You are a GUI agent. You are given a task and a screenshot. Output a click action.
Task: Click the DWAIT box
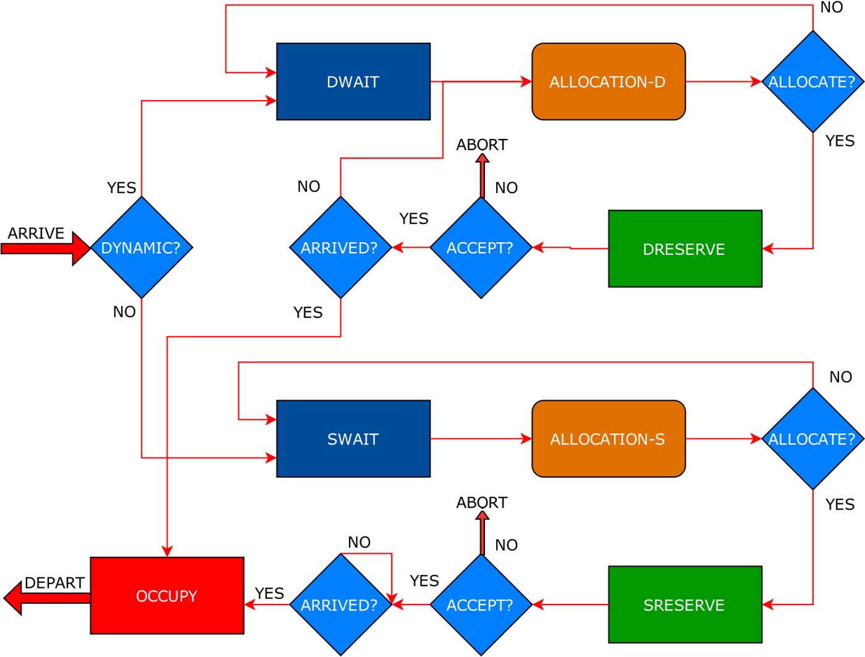pos(353,82)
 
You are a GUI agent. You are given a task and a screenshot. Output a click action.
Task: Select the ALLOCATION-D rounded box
pos(608,82)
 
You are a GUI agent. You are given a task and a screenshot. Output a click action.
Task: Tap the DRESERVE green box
pos(685,249)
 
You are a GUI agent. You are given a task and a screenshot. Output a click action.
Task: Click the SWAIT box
pos(353,439)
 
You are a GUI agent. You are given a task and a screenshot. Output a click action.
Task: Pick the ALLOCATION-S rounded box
pos(608,439)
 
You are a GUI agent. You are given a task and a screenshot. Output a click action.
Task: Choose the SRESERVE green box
pos(685,605)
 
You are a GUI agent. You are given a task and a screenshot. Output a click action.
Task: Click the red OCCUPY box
pos(167,596)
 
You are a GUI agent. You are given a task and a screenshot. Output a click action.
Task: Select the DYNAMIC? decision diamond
pos(141,248)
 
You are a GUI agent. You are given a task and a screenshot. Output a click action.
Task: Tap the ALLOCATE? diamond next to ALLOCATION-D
pos(812,82)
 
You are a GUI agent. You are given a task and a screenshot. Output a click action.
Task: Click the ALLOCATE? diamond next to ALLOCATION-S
pos(812,439)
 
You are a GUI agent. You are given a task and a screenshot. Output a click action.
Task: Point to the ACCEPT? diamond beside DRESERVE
pos(481,248)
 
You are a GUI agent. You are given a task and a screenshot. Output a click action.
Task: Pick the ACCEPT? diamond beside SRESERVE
pos(481,605)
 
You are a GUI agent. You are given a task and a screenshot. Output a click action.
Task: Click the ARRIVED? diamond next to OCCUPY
pos(340,605)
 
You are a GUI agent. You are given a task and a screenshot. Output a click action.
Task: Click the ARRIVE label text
pos(36,233)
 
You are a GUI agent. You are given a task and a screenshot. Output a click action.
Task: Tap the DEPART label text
pos(54,583)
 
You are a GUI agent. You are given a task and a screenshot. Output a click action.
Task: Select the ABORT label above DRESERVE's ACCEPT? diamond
pos(482,144)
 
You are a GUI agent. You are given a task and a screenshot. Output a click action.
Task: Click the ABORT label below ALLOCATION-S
pos(482,503)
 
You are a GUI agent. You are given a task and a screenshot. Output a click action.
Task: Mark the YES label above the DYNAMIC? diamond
pos(121,188)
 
